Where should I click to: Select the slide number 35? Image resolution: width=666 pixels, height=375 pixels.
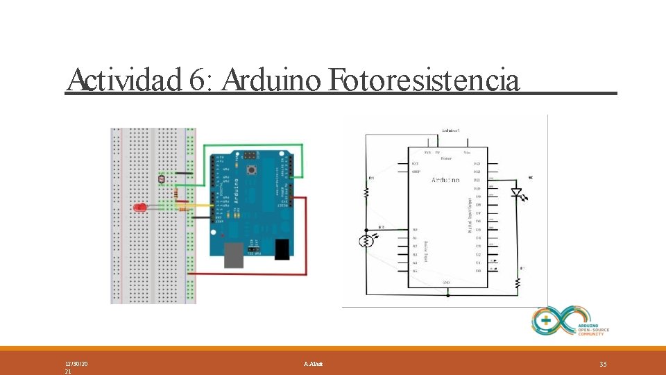pos(602,364)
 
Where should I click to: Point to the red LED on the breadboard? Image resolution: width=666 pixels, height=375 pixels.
pos(139,207)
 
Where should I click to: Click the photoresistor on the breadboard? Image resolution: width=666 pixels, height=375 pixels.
pos(162,179)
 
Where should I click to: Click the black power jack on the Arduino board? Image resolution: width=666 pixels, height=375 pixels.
pos(282,249)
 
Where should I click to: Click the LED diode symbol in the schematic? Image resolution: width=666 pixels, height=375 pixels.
pos(516,192)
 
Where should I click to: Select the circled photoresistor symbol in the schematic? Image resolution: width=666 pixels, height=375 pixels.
pos(366,241)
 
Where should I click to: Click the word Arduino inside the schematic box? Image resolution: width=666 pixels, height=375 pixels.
pos(445,180)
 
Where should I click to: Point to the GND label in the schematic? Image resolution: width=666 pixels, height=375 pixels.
pos(447,283)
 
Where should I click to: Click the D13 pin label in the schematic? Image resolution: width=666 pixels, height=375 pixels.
pos(477,163)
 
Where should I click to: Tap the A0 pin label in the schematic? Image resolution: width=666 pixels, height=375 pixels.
pos(415,229)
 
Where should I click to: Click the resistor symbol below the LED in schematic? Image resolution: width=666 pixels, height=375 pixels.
pos(517,283)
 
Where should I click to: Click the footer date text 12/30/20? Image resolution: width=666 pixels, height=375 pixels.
pos(76,364)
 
